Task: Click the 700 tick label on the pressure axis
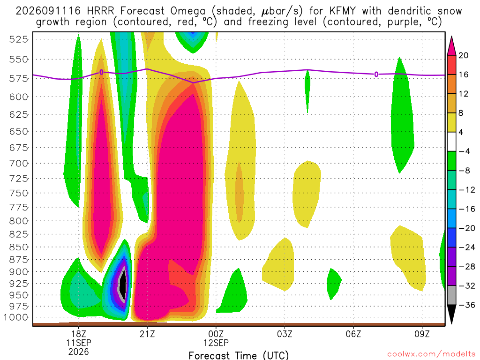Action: pos(18,163)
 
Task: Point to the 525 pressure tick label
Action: pos(18,39)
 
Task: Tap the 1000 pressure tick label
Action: pos(15,317)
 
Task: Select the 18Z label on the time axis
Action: pos(79,334)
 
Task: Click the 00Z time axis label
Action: pos(216,334)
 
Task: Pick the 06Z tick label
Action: pos(353,334)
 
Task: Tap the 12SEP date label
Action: pos(216,343)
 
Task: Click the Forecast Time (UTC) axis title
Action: pos(239,355)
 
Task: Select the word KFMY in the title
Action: pos(343,11)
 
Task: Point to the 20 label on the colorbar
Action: pos(463,55)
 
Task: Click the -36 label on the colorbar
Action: pos(467,305)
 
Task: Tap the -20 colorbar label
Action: pos(467,228)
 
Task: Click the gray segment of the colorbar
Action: pos(451,295)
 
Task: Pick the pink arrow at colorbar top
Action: pos(451,46)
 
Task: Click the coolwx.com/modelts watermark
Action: pos(431,354)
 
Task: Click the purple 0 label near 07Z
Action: pos(376,74)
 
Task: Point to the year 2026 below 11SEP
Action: pos(79,352)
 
